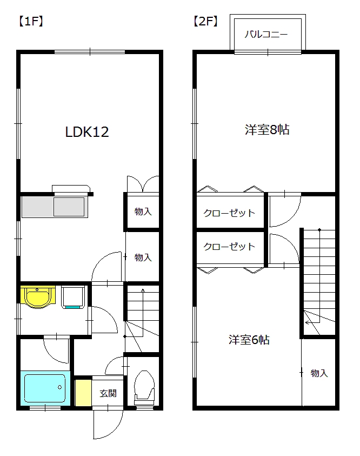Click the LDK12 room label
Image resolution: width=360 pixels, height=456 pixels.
pyautogui.click(x=87, y=132)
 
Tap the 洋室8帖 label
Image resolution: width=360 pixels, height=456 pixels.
pyautogui.click(x=267, y=130)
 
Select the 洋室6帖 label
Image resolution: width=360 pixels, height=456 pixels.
pyautogui.click(x=249, y=340)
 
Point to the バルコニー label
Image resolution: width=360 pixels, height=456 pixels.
pyautogui.click(x=266, y=34)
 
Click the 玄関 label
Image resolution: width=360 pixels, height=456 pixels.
pyautogui.click(x=108, y=393)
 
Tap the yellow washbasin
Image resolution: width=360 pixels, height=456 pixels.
pyautogui.click(x=38, y=296)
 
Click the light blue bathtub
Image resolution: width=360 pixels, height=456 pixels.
pyautogui.click(x=45, y=388)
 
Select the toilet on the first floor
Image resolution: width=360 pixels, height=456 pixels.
pyautogui.click(x=144, y=387)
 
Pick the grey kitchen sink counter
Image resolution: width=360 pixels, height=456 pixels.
pyautogui.click(x=55, y=207)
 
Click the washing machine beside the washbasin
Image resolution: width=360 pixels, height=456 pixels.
pyautogui.click(x=73, y=297)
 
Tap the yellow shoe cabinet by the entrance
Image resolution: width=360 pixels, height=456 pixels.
pyautogui.click(x=83, y=393)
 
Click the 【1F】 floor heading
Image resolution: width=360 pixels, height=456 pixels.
pyautogui.click(x=31, y=21)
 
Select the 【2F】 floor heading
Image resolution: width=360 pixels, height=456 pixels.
pyautogui.click(x=205, y=21)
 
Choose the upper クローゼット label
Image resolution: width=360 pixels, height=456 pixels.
pyautogui.click(x=229, y=213)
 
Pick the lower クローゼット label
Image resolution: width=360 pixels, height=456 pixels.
pyautogui.click(x=229, y=247)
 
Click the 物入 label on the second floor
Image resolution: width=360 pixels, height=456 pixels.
pyautogui.click(x=319, y=373)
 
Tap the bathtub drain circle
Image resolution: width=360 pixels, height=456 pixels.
pyautogui.click(x=60, y=387)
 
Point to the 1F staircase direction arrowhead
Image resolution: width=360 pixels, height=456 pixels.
pyautogui.click(x=143, y=290)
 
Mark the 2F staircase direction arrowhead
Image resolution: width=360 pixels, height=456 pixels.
pyautogui.click(x=307, y=322)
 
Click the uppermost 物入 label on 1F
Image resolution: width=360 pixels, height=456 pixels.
pyautogui.click(x=143, y=212)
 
